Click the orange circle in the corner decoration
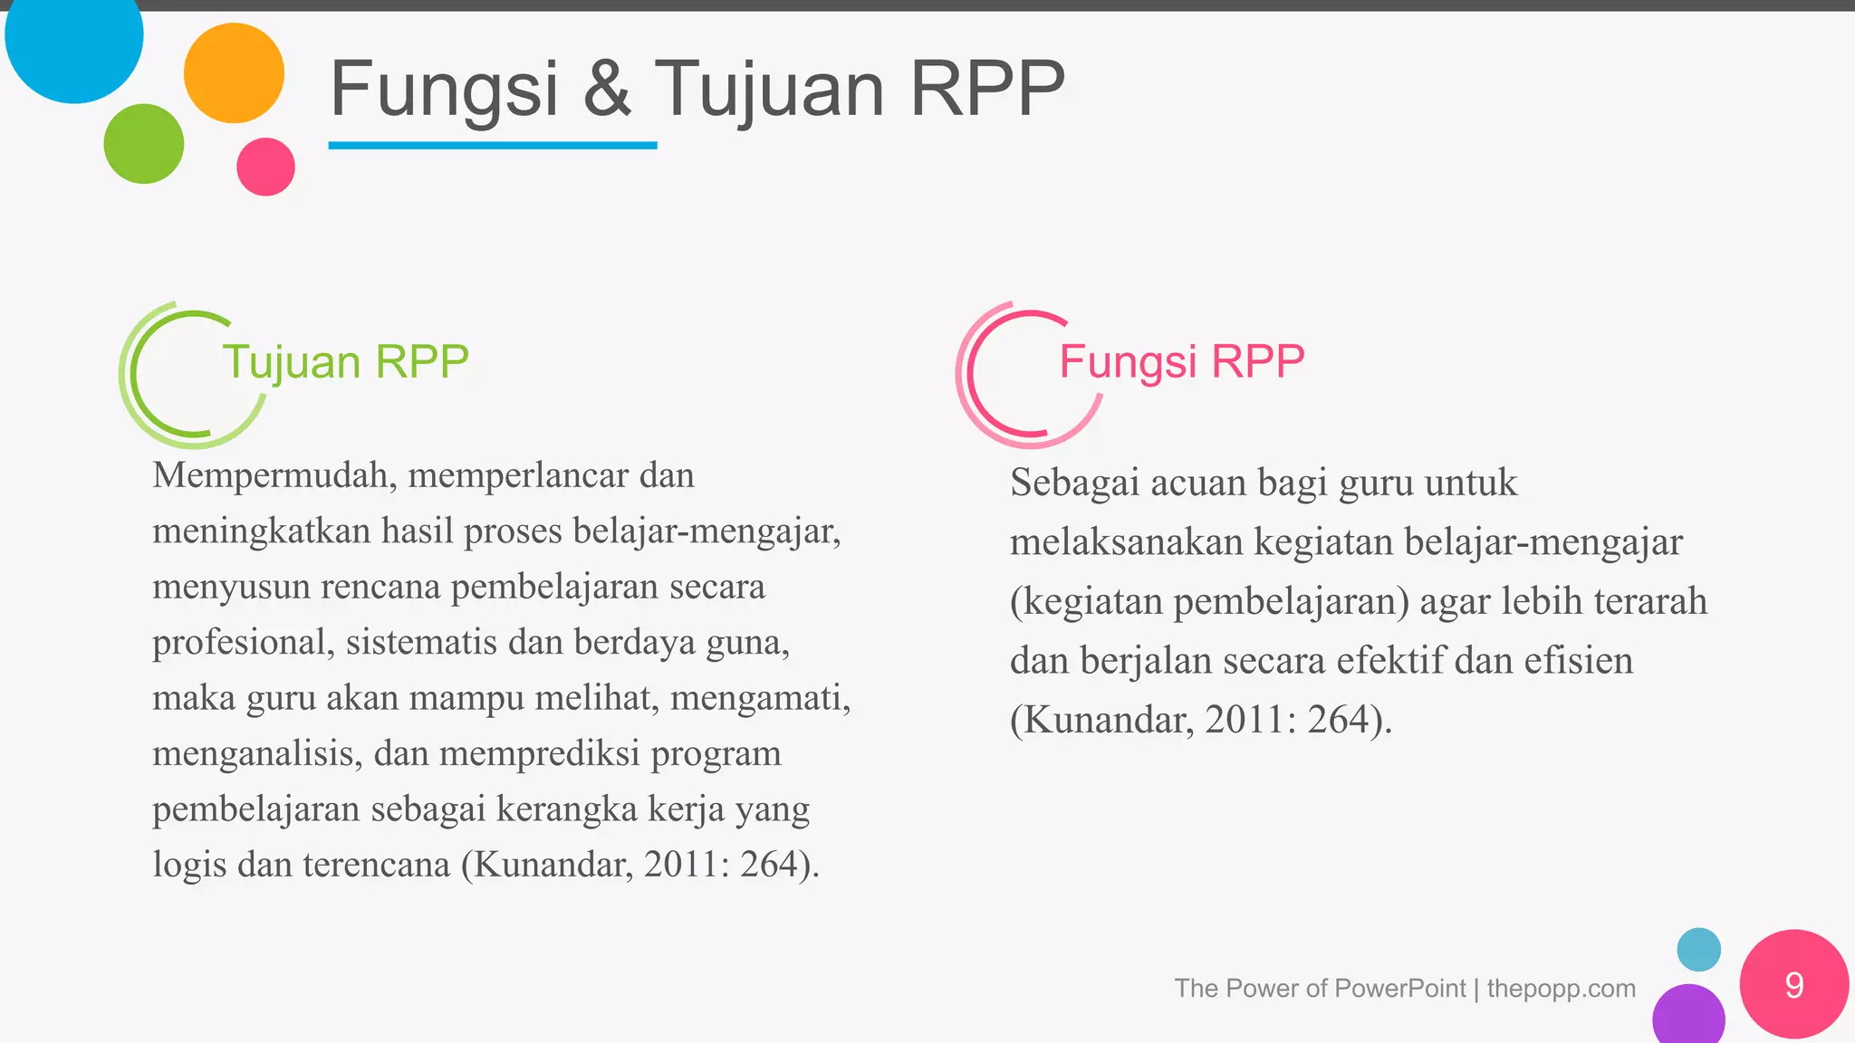[234, 73]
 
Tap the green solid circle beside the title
[144, 144]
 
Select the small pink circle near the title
[265, 167]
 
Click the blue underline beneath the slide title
[492, 145]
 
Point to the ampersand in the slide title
[607, 89]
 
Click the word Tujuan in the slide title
[769, 89]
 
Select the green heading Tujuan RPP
[345, 361]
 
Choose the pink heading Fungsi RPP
[1181, 361]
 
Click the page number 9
[1793, 985]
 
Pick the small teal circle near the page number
[1698, 950]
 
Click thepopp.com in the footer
[1561, 988]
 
